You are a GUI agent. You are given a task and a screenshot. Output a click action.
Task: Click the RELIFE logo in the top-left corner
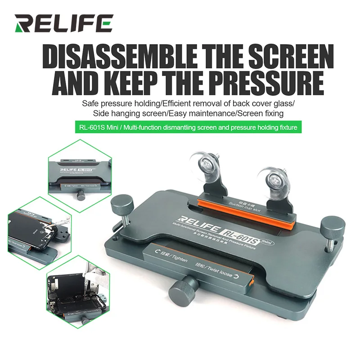pos(63,23)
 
